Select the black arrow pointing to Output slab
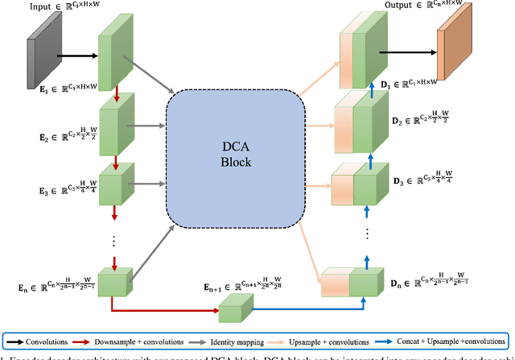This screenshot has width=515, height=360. coord(411,56)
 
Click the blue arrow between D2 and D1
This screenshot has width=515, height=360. coord(373,89)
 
